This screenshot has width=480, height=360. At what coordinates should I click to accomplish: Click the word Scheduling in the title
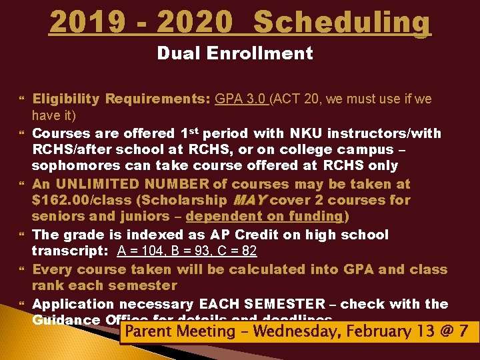[x=343, y=22]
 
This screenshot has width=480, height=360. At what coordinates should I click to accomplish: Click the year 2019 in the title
[x=84, y=22]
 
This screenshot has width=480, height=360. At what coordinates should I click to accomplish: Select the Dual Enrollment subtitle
[x=235, y=53]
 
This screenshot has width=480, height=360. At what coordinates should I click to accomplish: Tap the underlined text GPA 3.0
[x=241, y=99]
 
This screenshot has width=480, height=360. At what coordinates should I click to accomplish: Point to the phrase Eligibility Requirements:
[x=121, y=99]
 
